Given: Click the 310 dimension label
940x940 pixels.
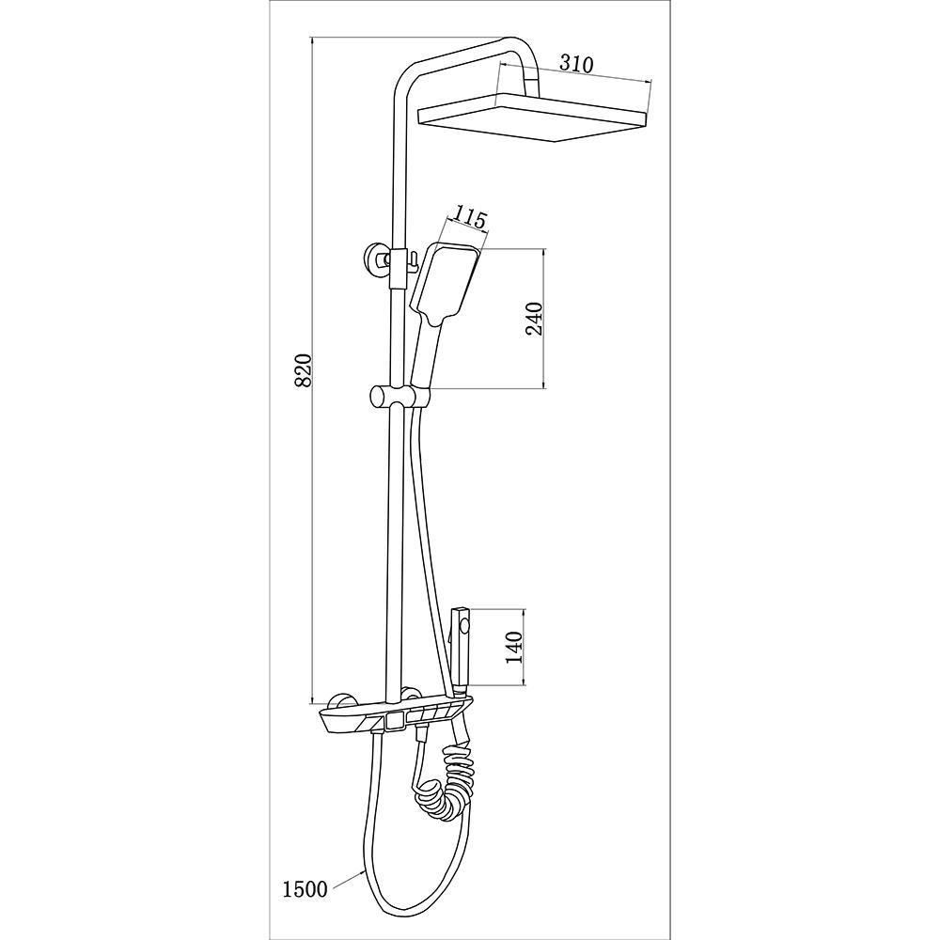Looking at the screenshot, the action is tap(576, 64).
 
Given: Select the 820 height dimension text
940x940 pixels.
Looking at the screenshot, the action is tap(305, 369).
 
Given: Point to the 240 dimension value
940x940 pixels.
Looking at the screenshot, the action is tap(534, 319).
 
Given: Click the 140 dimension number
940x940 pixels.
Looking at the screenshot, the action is tap(515, 648).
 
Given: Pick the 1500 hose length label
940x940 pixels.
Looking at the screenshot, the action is tap(305, 889).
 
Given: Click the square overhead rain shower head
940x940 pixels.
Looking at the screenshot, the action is tap(534, 118).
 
